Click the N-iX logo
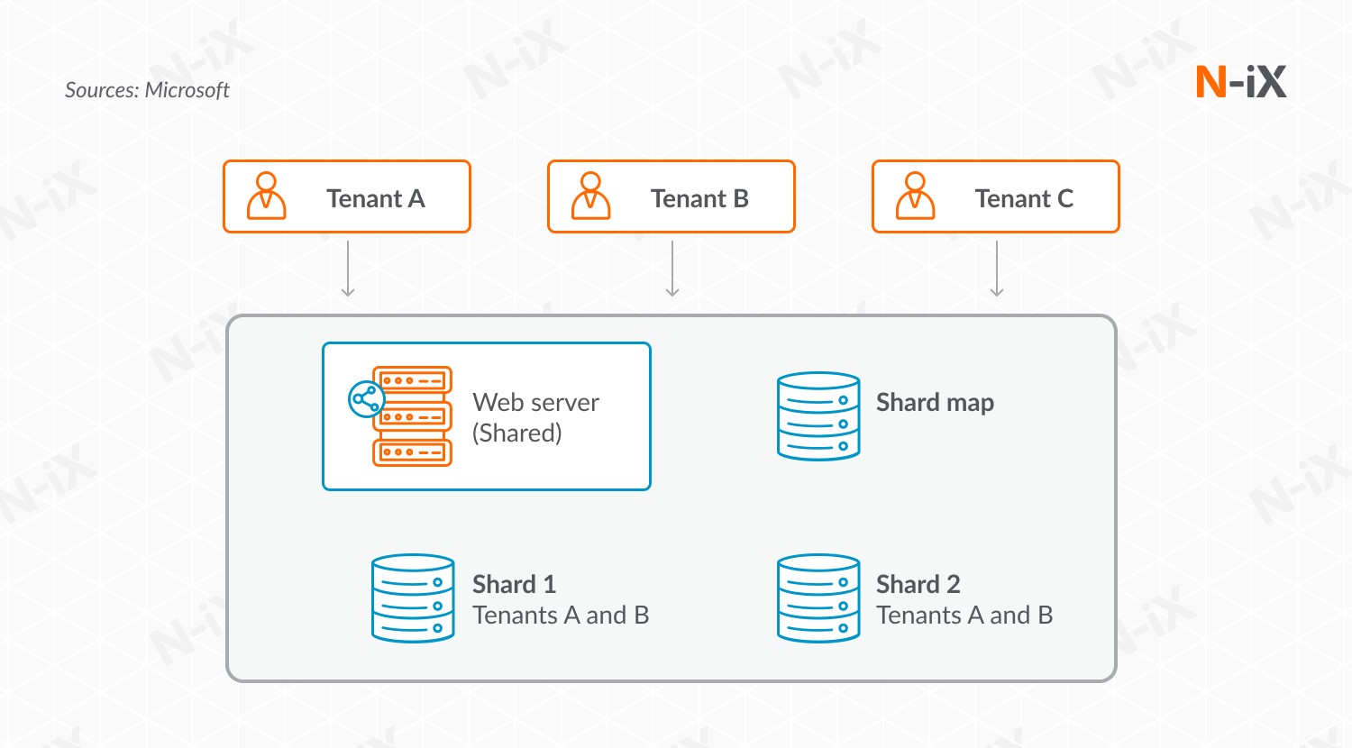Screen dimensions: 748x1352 coord(1240,82)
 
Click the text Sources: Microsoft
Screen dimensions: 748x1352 coord(147,90)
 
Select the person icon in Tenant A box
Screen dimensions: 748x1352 coord(266,196)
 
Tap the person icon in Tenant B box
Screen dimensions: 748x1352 coord(590,196)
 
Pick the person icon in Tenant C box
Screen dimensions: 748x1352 coord(915,196)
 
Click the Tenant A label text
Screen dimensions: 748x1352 coord(375,198)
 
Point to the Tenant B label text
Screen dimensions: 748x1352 coord(699,198)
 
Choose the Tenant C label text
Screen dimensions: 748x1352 coord(1024,198)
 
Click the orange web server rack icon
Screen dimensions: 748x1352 coord(412,416)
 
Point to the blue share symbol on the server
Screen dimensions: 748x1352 coord(366,399)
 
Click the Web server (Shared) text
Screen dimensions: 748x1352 coord(535,417)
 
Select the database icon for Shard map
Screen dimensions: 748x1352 coord(818,416)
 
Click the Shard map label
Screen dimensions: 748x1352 coord(935,402)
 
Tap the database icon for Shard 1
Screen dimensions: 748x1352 coord(413,598)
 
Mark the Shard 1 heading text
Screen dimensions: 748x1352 coord(514,584)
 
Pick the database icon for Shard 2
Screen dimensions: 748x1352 coord(818,598)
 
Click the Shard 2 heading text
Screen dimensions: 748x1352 coord(918,584)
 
